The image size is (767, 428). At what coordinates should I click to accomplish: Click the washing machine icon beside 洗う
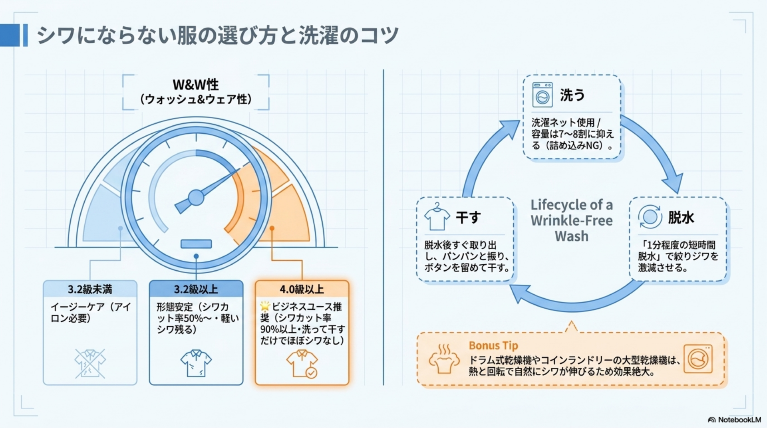click(x=542, y=95)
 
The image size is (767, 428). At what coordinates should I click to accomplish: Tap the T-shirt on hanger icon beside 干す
click(x=437, y=217)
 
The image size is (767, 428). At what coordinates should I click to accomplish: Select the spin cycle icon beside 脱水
click(x=650, y=217)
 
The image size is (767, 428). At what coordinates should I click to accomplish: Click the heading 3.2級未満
click(x=90, y=289)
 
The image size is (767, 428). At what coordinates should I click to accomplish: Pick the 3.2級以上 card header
click(x=196, y=289)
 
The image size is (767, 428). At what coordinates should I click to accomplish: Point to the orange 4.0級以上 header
click(x=302, y=289)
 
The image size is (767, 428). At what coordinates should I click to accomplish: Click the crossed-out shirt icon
click(x=90, y=363)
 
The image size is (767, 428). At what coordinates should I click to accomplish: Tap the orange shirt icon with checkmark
click(x=302, y=364)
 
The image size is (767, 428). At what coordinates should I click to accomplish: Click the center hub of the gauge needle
click(x=196, y=197)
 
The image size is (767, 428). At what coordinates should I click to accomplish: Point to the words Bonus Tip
click(x=493, y=345)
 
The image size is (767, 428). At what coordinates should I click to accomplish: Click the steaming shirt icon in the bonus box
click(x=444, y=359)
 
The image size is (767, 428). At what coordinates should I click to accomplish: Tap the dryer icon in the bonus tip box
click(x=698, y=359)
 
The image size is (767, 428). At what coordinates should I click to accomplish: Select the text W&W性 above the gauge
click(x=196, y=85)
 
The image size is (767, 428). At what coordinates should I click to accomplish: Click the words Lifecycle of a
click(x=572, y=205)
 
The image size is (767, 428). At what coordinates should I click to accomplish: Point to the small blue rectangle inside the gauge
click(x=196, y=244)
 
